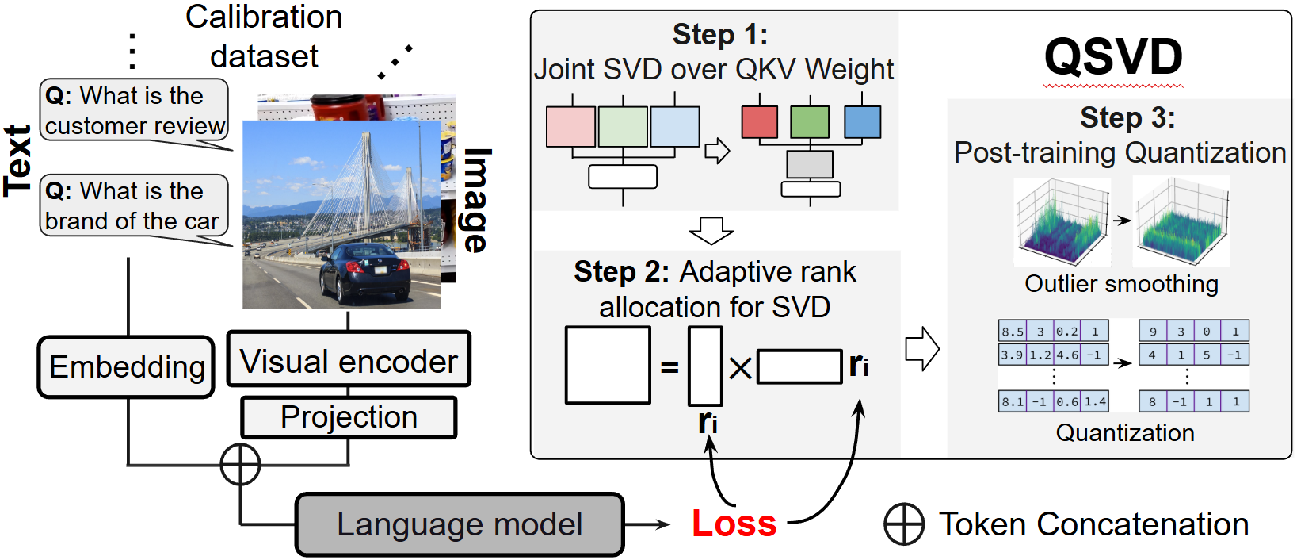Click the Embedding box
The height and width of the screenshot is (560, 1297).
point(126,367)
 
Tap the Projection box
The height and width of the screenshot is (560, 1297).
point(349,417)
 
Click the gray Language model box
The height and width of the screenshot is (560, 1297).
point(460,524)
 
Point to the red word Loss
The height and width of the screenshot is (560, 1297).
point(734,524)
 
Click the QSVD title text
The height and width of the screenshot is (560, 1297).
point(1112,57)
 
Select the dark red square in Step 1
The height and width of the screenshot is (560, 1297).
point(760,122)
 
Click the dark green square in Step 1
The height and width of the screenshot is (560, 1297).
point(810,122)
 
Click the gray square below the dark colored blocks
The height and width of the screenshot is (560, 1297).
point(810,164)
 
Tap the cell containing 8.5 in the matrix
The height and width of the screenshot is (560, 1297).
point(1012,332)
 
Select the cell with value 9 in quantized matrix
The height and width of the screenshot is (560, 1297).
point(1152,332)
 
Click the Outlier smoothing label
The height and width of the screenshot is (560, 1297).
point(1121,284)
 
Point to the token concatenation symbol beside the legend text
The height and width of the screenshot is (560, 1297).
point(904,524)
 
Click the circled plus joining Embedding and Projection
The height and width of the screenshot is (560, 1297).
point(240,464)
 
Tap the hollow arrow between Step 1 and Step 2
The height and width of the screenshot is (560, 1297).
point(711,230)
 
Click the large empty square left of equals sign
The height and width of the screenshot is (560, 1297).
point(608,366)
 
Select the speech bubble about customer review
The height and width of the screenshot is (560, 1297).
point(134,111)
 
